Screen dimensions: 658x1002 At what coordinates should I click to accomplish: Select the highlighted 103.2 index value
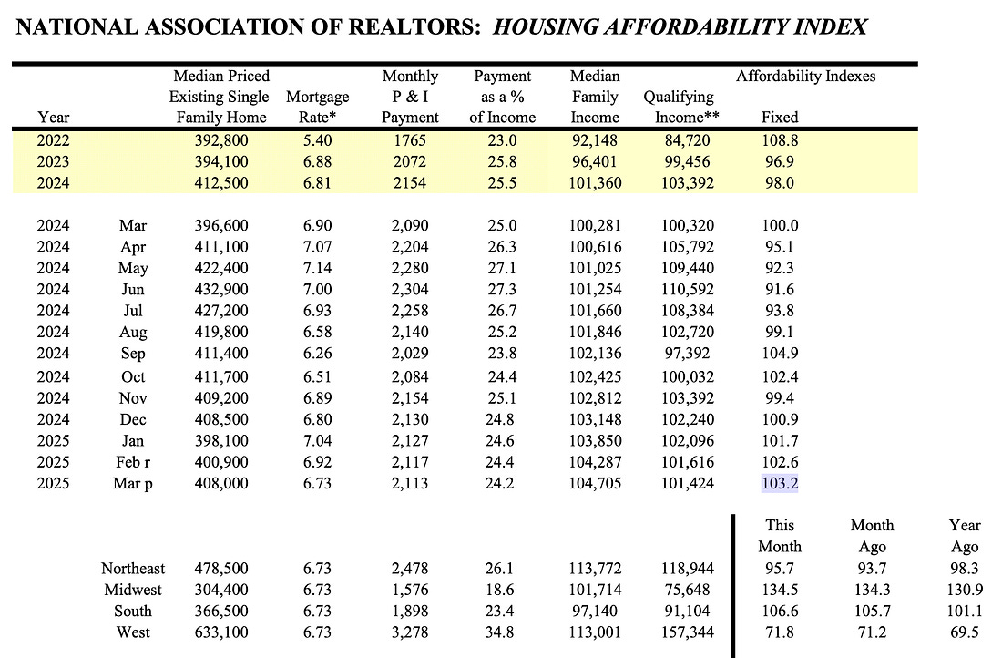780,484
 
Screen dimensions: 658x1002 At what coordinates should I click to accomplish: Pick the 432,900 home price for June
221,290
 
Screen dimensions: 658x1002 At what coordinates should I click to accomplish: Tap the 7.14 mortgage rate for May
317,269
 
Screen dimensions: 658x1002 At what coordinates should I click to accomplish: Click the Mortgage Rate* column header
317,107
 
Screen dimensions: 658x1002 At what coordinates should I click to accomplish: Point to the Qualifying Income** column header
679,107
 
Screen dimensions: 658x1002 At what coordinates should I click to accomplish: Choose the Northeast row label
127,570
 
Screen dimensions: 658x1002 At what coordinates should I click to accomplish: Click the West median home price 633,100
221,632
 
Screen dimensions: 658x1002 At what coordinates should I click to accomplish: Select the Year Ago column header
964,536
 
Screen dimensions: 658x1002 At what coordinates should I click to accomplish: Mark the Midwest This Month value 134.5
780,591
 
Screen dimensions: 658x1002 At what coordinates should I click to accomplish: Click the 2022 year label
53,141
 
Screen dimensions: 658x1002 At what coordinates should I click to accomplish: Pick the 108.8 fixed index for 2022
780,141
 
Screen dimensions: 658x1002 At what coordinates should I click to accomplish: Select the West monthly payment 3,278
410,632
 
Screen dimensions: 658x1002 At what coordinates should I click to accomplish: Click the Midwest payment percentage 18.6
503,591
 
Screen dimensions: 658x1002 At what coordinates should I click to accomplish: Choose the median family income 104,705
594,484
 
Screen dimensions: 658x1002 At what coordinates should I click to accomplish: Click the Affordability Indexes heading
805,77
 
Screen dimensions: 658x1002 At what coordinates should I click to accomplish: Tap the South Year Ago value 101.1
964,612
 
